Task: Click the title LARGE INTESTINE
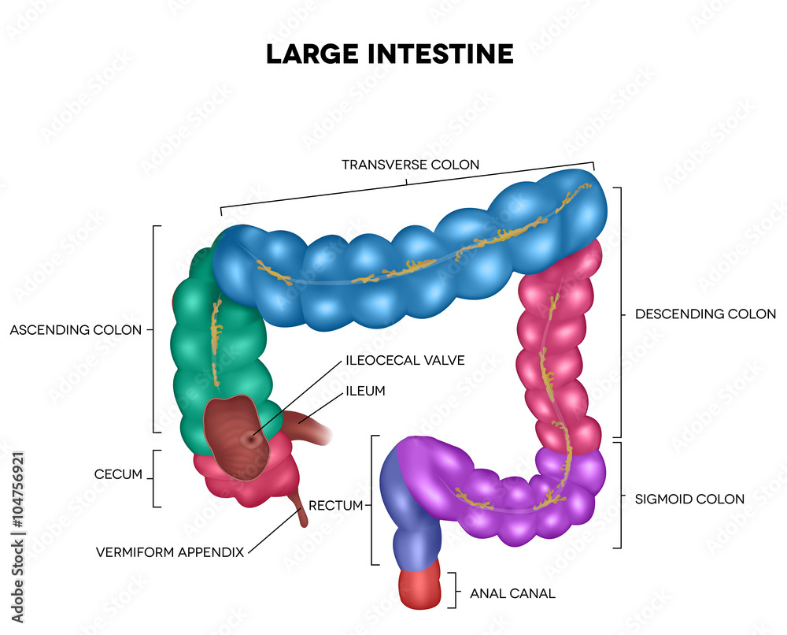(390, 54)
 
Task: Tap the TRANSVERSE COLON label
(410, 165)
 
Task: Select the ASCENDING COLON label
(76, 330)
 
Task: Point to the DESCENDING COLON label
(705, 314)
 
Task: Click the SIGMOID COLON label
(689, 499)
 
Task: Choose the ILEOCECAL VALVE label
(405, 360)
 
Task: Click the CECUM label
(117, 474)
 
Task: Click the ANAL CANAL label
(512, 593)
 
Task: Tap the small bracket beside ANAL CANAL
(455, 590)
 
